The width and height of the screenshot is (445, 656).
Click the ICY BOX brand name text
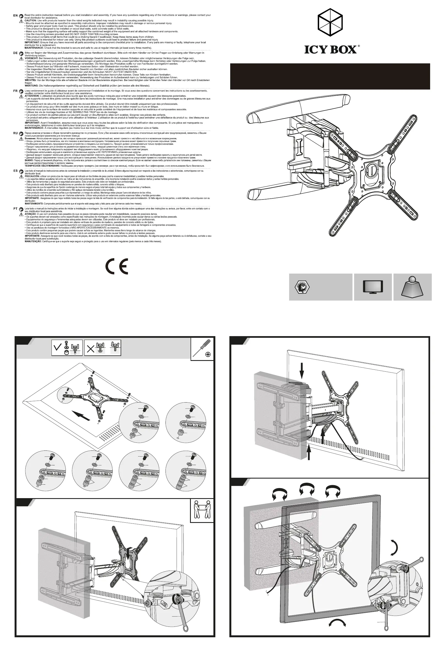coord(330,49)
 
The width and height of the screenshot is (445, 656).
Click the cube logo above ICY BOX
coord(330,22)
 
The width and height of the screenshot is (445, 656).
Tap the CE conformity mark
coord(117,266)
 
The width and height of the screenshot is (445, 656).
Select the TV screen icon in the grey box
coord(373,287)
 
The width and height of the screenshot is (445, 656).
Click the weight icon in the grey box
coord(412,287)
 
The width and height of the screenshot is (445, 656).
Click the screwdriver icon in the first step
coord(202,349)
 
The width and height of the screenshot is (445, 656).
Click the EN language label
coord(15,15)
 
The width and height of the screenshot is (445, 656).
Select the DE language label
coord(15,53)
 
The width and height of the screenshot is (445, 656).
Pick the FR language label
coord(15,91)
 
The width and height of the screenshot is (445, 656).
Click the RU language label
coord(15,133)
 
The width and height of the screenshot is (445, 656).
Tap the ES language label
coord(15,171)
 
